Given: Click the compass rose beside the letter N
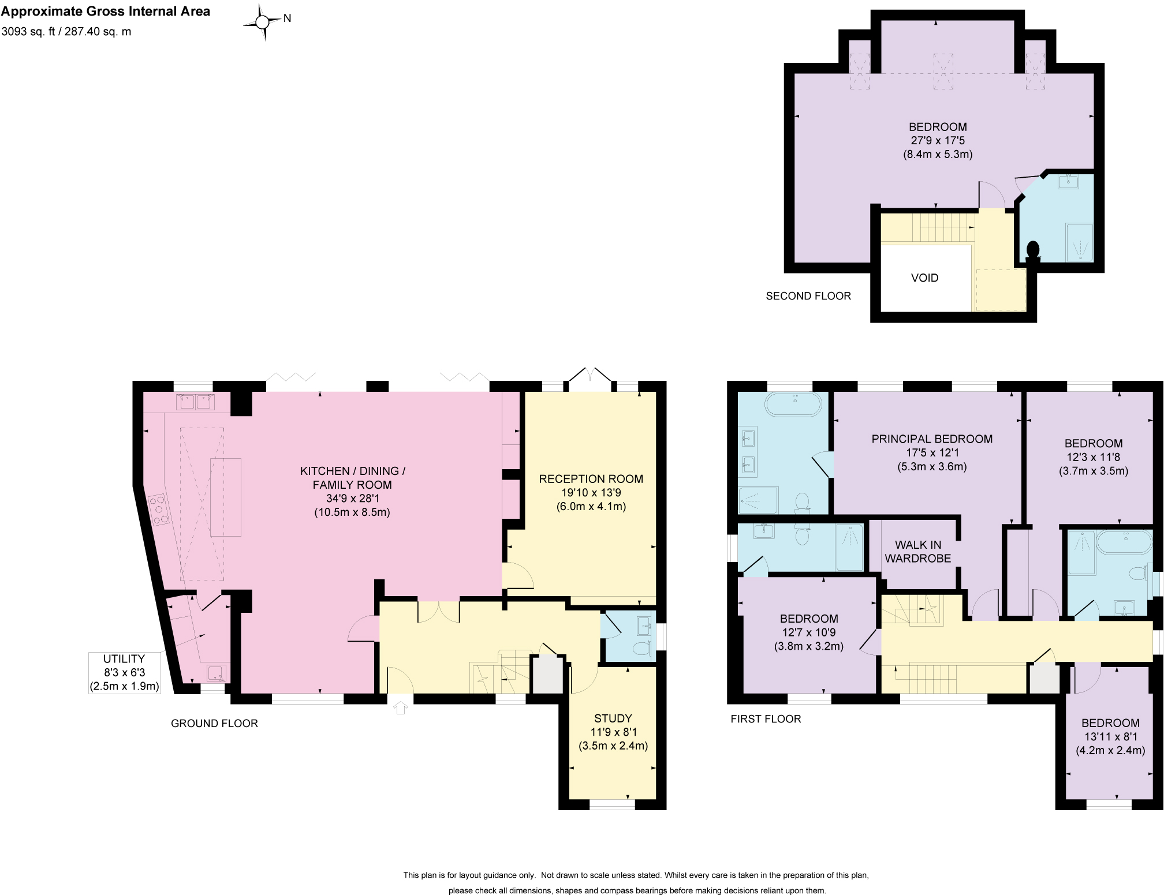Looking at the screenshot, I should [x=263, y=22].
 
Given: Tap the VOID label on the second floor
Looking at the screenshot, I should [x=924, y=278].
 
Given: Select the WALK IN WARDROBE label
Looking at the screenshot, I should [x=917, y=551].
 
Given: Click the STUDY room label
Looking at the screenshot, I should [x=613, y=718].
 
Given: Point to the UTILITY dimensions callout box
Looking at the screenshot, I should [x=124, y=672].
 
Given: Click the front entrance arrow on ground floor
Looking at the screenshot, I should [x=401, y=707].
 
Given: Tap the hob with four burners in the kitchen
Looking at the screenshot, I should [x=160, y=511].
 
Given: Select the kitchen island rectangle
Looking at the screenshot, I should [x=226, y=497].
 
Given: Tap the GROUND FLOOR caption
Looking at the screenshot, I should [x=214, y=723].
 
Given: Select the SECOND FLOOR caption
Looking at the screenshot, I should [x=808, y=296].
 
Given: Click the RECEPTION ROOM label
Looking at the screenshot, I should [x=591, y=478].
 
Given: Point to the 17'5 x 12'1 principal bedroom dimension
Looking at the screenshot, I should [x=932, y=453].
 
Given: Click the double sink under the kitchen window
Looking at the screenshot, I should [x=195, y=401].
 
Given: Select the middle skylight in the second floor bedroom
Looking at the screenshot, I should [x=943, y=72].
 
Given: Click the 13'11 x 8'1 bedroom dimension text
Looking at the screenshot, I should [x=1110, y=737].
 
